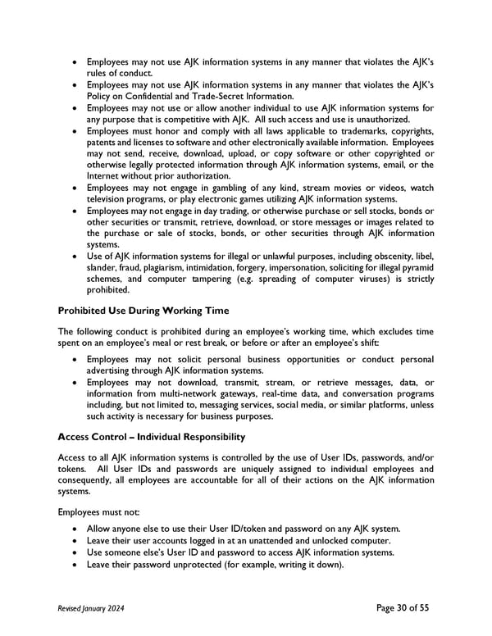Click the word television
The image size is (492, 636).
(111, 199)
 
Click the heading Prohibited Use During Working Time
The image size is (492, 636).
(144, 311)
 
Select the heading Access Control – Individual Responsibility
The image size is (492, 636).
(152, 437)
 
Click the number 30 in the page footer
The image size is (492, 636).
(394, 608)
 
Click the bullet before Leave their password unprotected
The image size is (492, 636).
(76, 564)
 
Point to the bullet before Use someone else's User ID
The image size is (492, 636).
(76, 552)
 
